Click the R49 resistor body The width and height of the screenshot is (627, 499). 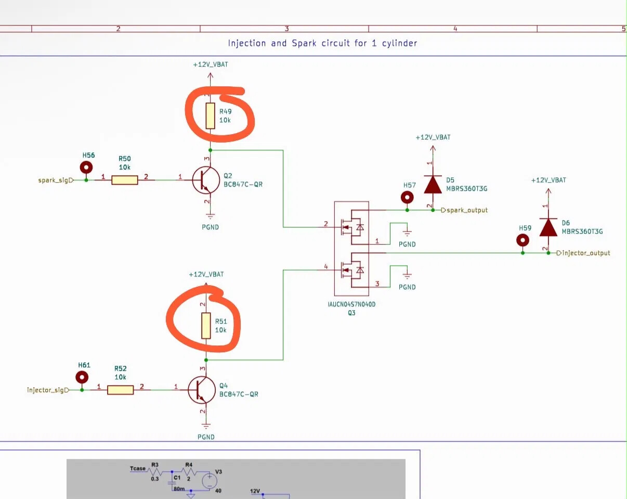[x=210, y=116]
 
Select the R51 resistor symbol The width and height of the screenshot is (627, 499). [x=206, y=326]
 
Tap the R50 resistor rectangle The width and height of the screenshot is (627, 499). [x=125, y=180]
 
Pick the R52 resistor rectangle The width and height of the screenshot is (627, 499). [x=120, y=390]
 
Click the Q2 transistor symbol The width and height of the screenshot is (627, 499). [x=206, y=180]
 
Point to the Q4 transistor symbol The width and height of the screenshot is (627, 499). [x=202, y=390]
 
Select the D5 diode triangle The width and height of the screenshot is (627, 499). [x=433, y=185]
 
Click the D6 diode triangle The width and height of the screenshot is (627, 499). [x=548, y=227]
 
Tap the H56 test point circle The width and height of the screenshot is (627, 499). [x=86, y=168]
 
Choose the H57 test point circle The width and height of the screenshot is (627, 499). [x=407, y=197]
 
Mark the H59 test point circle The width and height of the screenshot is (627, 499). [x=522, y=240]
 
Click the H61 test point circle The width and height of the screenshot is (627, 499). [x=82, y=377]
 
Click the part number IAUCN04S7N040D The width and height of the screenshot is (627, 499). [x=351, y=304]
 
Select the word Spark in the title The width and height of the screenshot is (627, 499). [x=304, y=43]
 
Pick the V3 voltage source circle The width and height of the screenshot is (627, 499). [x=210, y=481]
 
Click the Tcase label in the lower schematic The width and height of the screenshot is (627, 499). [x=138, y=468]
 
